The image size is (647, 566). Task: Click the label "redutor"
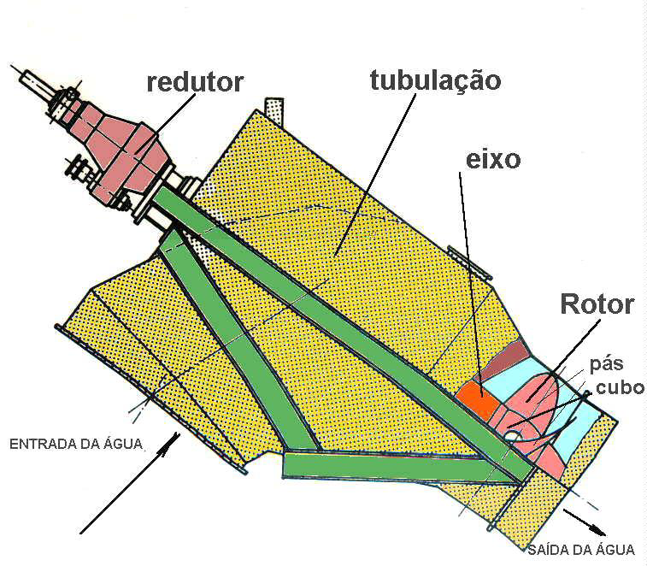tap(195, 83)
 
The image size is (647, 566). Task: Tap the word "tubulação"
tap(436, 80)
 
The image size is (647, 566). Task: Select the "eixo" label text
tap(493, 160)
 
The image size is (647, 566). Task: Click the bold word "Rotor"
tap(597, 304)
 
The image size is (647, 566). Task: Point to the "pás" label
tap(606, 365)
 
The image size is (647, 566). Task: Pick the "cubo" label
tap(621, 387)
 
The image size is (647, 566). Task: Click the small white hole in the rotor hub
tap(512, 434)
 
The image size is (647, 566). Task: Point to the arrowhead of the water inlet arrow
tap(173, 440)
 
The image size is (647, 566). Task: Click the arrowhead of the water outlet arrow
tap(599, 531)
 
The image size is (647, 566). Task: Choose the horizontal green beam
tap(396, 467)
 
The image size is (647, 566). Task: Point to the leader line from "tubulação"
tap(376, 174)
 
